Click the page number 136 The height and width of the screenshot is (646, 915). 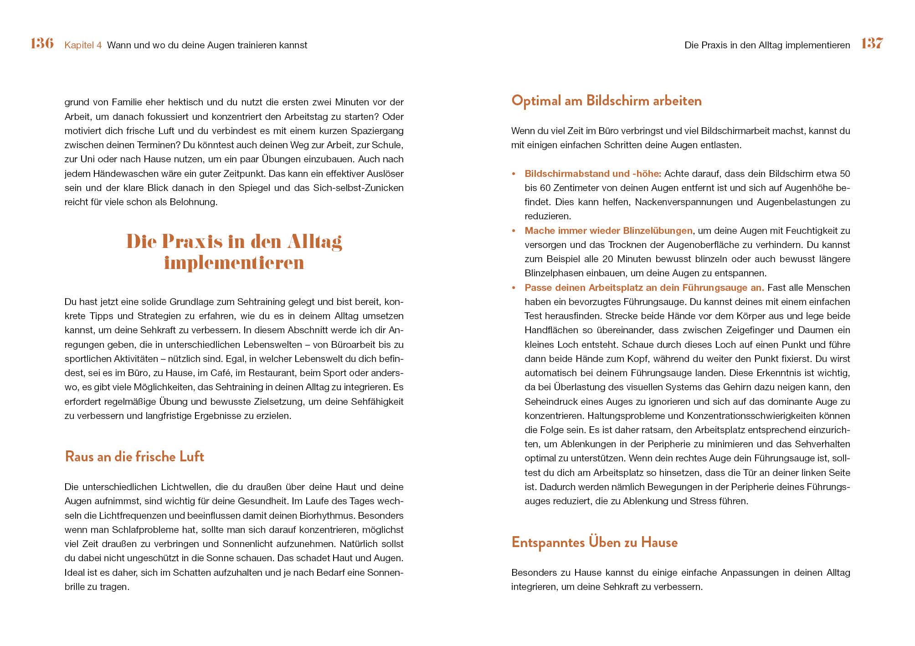[x=42, y=43]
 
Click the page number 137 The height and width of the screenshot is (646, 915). [x=872, y=43]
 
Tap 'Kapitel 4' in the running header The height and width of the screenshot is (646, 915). [x=83, y=45]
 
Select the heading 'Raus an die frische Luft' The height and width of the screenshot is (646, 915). [x=134, y=456]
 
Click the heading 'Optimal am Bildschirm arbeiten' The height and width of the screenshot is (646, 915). [x=606, y=100]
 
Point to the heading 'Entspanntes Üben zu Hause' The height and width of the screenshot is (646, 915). [x=594, y=542]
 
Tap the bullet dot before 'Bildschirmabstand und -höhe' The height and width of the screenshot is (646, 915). [x=514, y=174]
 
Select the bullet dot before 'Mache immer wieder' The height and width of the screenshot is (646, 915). [x=514, y=231]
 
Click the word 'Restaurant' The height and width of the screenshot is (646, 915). [x=272, y=373]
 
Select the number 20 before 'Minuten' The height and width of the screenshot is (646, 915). [x=607, y=259]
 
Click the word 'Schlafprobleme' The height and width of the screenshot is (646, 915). [x=145, y=530]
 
